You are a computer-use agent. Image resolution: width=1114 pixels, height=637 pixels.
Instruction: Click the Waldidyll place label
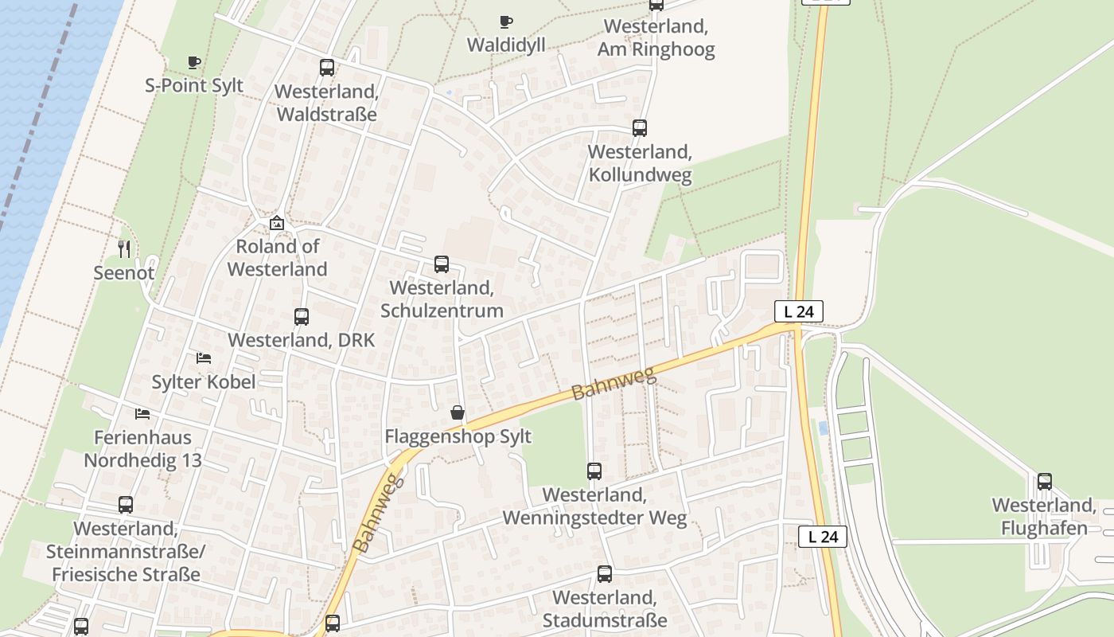[x=506, y=45]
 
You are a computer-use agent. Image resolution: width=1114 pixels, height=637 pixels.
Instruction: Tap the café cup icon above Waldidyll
[x=506, y=21]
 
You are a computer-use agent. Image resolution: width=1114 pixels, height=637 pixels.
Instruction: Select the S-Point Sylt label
[x=194, y=85]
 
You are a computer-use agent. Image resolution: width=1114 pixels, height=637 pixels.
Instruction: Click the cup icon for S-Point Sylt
[x=193, y=62]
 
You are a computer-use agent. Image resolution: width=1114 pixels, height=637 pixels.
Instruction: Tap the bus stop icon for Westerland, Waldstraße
[x=327, y=68]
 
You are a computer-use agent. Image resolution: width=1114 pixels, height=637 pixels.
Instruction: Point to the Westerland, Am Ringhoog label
[x=656, y=37]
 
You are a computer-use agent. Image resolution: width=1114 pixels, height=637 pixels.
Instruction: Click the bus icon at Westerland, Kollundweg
[x=640, y=127]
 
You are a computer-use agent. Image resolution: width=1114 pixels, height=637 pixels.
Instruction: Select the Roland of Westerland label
[x=277, y=257]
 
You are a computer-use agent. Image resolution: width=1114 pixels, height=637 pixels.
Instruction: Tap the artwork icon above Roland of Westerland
[x=277, y=223]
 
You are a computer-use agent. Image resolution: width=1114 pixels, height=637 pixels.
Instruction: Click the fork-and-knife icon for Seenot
[x=124, y=249]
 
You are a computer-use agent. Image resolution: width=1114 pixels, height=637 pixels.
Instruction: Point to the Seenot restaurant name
[x=124, y=272]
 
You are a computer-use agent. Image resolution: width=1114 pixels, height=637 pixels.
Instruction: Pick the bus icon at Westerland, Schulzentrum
[x=442, y=264]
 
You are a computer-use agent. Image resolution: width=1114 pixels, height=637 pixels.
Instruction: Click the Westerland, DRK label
[x=301, y=340]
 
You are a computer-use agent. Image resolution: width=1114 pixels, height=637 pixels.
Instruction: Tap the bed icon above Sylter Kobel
[x=204, y=358]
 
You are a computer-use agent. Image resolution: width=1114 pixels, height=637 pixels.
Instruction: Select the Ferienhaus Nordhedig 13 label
[x=142, y=448]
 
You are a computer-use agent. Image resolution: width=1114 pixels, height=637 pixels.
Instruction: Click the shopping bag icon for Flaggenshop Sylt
[x=458, y=412]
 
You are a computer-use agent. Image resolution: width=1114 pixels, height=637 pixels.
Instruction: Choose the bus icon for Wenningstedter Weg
[x=594, y=471]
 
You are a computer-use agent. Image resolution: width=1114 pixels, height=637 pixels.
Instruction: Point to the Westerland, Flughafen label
[x=1044, y=517]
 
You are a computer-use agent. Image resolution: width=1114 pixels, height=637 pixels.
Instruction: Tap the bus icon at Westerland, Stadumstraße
[x=605, y=574]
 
